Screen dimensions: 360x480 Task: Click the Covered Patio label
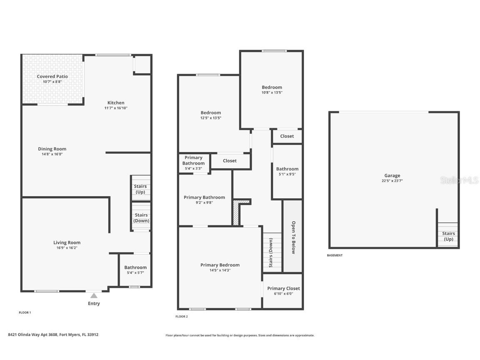coord(52,77)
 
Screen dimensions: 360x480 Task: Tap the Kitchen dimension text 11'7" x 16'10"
coord(116,108)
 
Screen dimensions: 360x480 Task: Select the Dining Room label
coord(52,149)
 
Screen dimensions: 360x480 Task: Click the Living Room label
coord(67,242)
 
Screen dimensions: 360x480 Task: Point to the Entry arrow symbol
coord(94,295)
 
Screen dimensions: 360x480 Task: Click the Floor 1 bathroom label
coord(135,267)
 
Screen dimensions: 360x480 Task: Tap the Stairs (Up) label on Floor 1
coord(140,189)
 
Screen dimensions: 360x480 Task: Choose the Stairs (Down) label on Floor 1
coord(141,218)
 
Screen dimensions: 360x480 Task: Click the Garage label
coord(392,176)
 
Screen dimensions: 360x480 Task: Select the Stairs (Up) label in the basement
coord(448,236)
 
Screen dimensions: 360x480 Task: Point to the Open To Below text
coord(293,237)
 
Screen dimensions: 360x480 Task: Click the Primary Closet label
coord(283,288)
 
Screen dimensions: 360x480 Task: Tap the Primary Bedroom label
coord(220,265)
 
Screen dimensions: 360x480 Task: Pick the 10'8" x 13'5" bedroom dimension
coord(272,92)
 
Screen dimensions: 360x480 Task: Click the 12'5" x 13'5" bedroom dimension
coord(210,118)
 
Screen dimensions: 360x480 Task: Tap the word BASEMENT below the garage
coord(335,255)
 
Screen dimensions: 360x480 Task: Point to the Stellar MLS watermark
coord(458,180)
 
